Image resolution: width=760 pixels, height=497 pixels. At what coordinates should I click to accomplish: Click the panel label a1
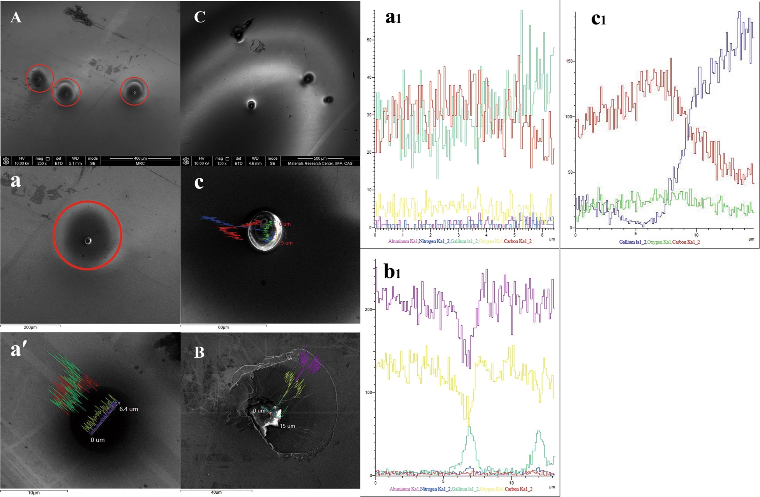tap(393, 18)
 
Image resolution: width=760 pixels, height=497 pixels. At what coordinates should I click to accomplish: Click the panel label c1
tap(598, 19)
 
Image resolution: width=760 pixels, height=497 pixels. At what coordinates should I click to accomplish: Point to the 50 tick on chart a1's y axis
tap(369, 40)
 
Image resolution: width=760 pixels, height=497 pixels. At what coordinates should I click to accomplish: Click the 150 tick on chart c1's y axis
tap(568, 61)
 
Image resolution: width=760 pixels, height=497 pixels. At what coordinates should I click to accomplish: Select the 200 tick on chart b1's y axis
tap(368, 310)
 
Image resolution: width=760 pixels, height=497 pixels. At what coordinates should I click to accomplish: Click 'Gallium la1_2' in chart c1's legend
tap(632, 242)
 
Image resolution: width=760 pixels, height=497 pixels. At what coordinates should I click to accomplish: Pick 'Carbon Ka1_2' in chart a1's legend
tap(518, 241)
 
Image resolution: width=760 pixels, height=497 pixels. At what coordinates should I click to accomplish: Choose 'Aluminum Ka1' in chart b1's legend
tap(404, 489)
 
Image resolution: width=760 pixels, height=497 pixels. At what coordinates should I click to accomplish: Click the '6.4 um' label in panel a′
tap(128, 409)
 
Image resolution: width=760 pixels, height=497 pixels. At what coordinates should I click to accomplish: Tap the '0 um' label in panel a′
tap(97, 440)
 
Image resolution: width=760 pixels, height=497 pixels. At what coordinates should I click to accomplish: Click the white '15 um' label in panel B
tap(287, 426)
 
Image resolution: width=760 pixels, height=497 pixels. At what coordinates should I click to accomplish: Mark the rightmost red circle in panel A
tap(134, 92)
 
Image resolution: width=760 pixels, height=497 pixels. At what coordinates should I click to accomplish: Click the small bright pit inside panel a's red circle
tap(88, 240)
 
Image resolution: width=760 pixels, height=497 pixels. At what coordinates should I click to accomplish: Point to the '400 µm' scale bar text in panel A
tap(140, 158)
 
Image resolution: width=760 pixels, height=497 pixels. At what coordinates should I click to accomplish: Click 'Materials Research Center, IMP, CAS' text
tap(320, 163)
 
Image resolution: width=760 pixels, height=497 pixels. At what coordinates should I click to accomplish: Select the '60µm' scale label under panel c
tap(223, 327)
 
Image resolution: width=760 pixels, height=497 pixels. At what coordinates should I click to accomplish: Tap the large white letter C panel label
tap(199, 17)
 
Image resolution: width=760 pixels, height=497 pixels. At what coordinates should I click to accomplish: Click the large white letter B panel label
tap(199, 352)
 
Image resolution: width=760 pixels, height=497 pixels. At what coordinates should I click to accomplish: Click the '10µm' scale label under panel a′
tap(34, 493)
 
